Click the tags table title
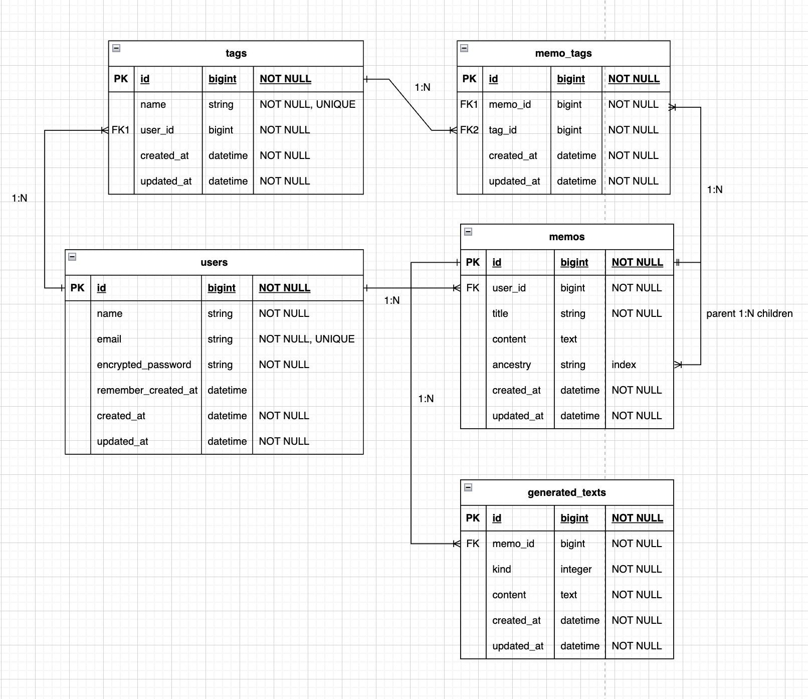[x=236, y=53]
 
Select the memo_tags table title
[x=563, y=53]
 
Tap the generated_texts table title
[x=566, y=492]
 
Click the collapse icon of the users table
[x=72, y=257]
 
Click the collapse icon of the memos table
[x=468, y=232]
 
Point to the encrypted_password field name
[x=144, y=365]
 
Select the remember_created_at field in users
[x=147, y=390]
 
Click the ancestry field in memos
[x=511, y=365]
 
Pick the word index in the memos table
[x=624, y=365]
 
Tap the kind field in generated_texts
[x=501, y=569]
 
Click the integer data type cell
[x=576, y=569]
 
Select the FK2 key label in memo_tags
[x=469, y=130]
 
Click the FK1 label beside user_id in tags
[x=120, y=130]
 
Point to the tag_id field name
[x=502, y=130]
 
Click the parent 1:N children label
[x=749, y=313]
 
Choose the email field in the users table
[x=109, y=339]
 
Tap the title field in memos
[x=500, y=313]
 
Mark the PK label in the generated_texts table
[x=473, y=518]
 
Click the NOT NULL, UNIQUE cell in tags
[x=307, y=104]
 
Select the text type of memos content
[x=568, y=339]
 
